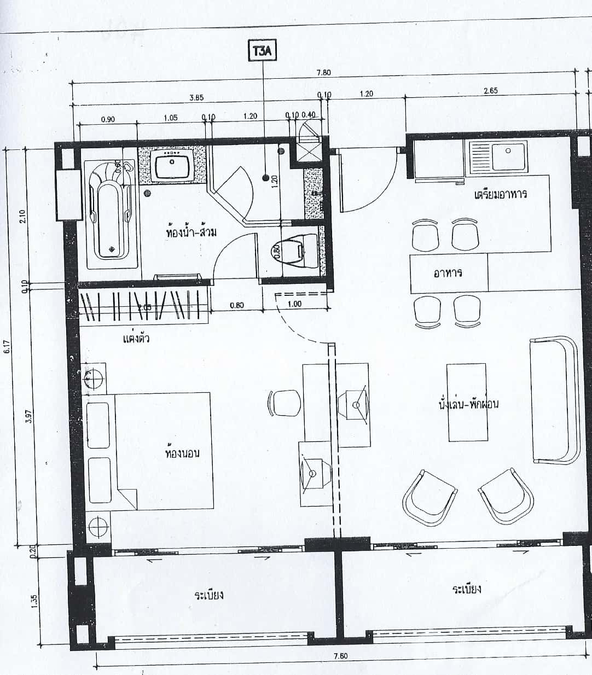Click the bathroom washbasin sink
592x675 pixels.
coord(172,166)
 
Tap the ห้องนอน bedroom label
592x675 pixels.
coord(182,453)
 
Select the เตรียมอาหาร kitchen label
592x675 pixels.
coord(501,194)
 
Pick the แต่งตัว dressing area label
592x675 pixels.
coord(136,339)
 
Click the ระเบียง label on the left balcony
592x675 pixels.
coord(209,595)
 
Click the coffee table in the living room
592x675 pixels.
coord(468,402)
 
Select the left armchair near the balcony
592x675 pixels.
coord(428,498)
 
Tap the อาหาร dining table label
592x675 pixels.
coord(448,272)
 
